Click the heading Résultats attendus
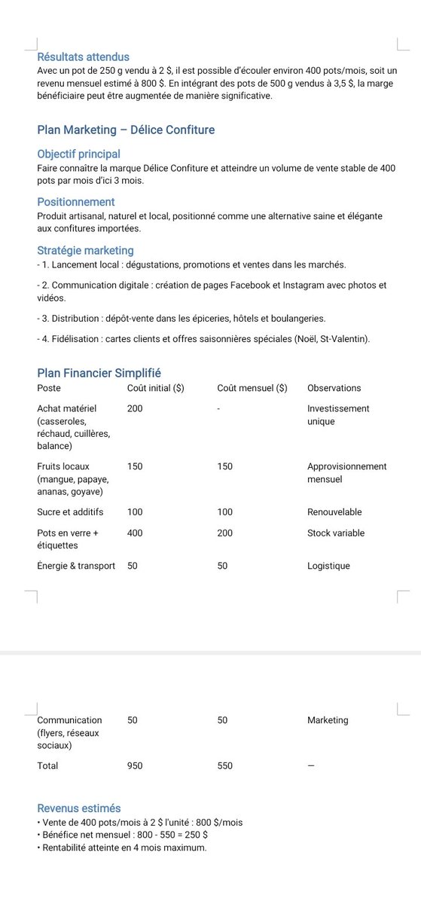[x=83, y=56]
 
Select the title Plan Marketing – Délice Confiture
[x=126, y=130]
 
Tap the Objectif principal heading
[x=78, y=154]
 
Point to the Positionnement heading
[x=76, y=202]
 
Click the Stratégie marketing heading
[x=85, y=250]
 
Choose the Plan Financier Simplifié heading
[x=99, y=373]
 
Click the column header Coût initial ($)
[x=156, y=388]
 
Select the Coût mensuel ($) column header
[x=252, y=388]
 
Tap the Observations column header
[x=334, y=388]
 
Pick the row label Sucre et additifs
[x=70, y=512]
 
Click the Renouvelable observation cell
[x=334, y=512]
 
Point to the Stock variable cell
[x=335, y=533]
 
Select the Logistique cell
[x=328, y=566]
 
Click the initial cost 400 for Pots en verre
[x=135, y=533]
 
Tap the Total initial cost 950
[x=135, y=766]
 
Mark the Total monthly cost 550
[x=224, y=766]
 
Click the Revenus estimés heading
[x=78, y=808]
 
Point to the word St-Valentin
[x=343, y=340]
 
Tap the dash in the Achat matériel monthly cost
[x=218, y=408]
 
